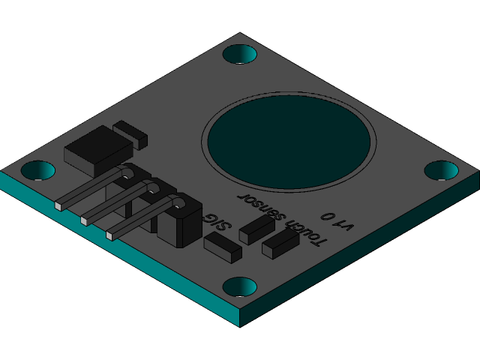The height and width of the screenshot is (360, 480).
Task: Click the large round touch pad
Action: (x=289, y=141)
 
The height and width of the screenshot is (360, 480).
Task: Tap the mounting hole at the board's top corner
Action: (x=240, y=54)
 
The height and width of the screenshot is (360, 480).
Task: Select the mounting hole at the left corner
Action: (x=37, y=170)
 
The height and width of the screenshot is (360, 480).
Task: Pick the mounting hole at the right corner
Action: (x=441, y=170)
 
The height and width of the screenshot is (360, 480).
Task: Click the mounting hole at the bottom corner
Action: (x=240, y=286)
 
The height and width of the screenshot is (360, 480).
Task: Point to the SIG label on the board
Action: (x=218, y=220)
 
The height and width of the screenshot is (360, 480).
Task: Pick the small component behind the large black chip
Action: (x=130, y=133)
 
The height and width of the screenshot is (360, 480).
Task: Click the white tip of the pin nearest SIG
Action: (x=109, y=235)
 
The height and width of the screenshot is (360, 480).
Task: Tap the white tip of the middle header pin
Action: (x=83, y=220)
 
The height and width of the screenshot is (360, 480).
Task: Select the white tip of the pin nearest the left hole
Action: (x=58, y=205)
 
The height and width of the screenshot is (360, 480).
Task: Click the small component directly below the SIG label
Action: (x=223, y=247)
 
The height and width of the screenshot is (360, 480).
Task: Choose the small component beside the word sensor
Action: (x=256, y=229)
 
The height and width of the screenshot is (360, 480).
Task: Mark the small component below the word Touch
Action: (x=280, y=244)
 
